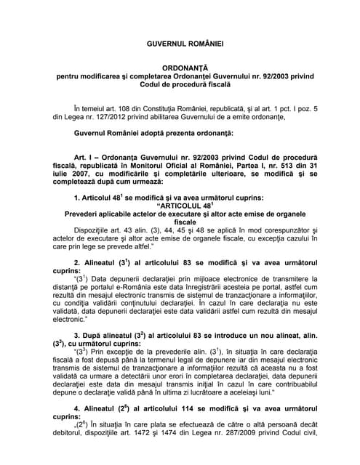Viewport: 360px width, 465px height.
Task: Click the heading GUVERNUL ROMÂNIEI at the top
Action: tap(180, 44)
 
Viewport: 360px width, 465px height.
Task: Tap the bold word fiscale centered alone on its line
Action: tap(180, 223)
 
